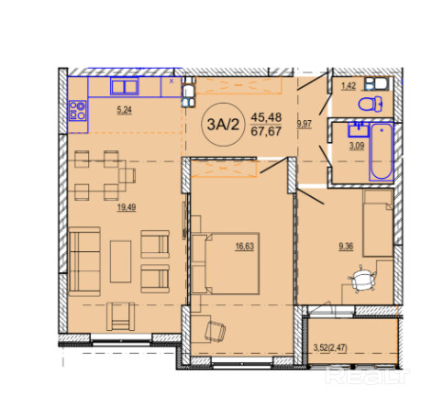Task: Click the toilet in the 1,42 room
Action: point(371,104)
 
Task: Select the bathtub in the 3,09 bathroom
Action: point(381,151)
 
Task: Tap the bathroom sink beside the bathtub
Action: point(359,129)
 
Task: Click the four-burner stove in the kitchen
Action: point(77,111)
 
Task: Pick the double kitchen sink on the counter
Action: point(125,86)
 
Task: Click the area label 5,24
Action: point(124,110)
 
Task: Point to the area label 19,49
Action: point(127,207)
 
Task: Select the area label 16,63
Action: point(245,247)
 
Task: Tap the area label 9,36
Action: point(346,247)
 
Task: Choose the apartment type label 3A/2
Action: point(223,125)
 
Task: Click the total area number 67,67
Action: point(266,132)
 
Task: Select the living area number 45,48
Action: point(266,117)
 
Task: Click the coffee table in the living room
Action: point(120,261)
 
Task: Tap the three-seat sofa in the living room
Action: point(84,261)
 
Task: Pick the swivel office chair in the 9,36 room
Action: point(362,279)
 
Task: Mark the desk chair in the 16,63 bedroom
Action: point(216,331)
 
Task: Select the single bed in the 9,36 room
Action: point(378,223)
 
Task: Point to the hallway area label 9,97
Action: point(305,124)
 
